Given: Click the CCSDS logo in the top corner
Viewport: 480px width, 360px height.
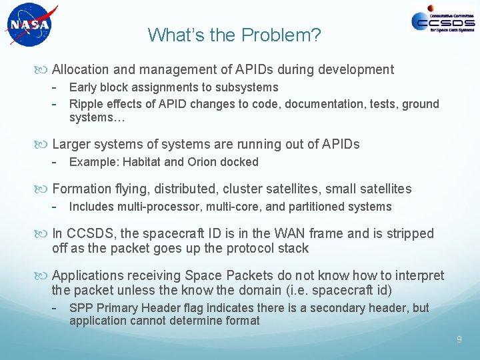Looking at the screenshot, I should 443,21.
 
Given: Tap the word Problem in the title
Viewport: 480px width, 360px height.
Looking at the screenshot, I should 288,35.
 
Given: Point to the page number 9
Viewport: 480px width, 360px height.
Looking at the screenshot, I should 459,340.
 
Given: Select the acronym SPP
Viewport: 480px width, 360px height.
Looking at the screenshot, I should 81,308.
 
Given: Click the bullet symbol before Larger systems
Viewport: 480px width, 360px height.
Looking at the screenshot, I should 45,145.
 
